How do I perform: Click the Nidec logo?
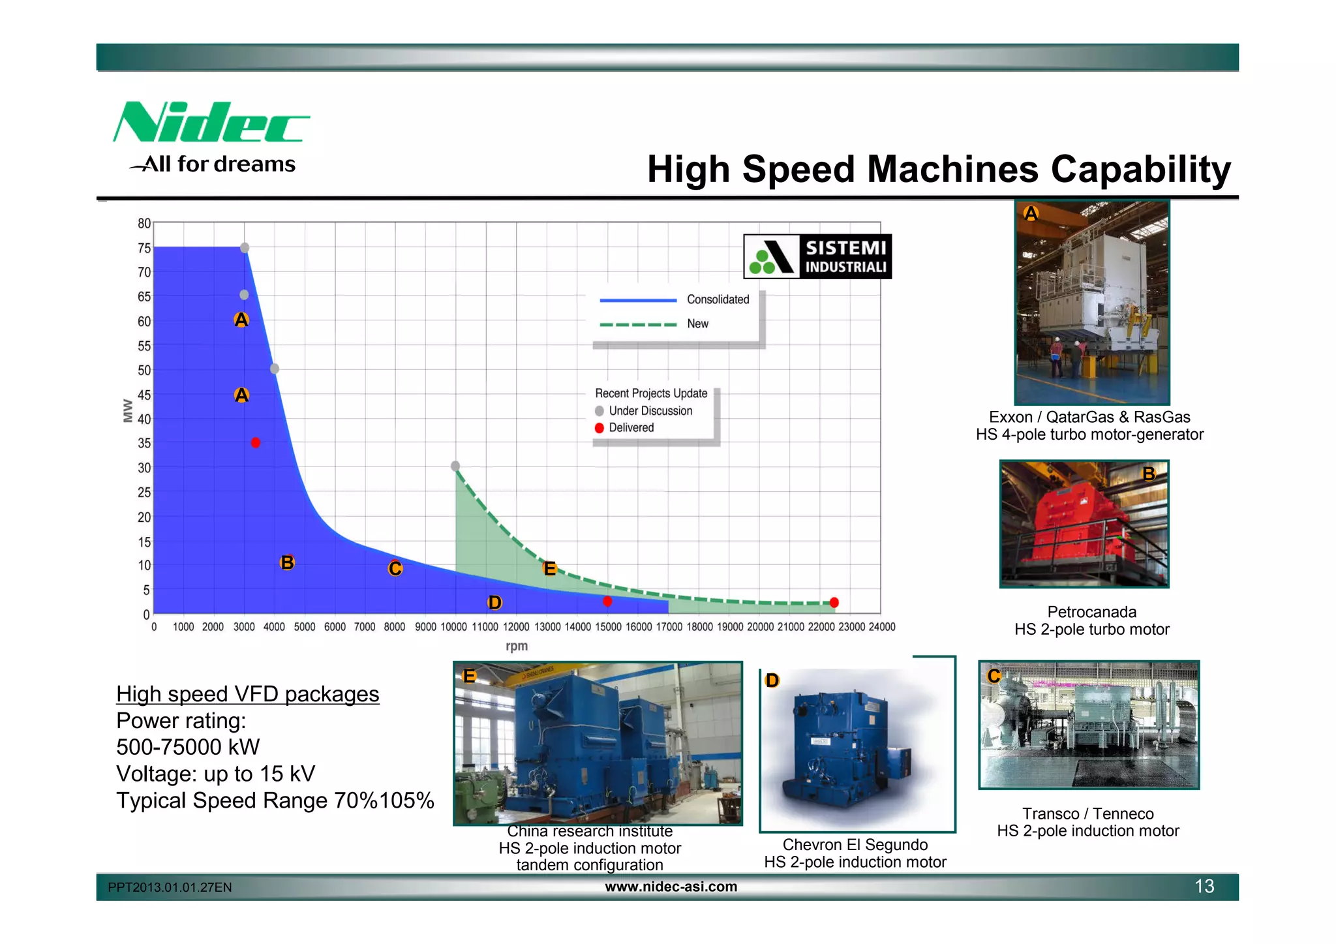(x=210, y=123)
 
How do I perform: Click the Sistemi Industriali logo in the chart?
(x=817, y=256)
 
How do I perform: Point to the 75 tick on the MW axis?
(x=144, y=248)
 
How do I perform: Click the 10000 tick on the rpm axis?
(x=454, y=627)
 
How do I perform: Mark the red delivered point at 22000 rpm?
(x=834, y=602)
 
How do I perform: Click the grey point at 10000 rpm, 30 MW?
(x=455, y=466)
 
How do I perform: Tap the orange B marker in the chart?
(x=287, y=562)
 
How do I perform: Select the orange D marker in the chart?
(x=494, y=602)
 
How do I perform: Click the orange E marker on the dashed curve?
(x=550, y=568)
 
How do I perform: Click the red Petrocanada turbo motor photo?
(x=1084, y=524)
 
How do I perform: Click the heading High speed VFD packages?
(x=247, y=694)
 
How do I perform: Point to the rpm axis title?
(x=517, y=646)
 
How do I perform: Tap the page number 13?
(x=1204, y=886)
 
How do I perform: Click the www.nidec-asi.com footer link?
(x=671, y=887)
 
